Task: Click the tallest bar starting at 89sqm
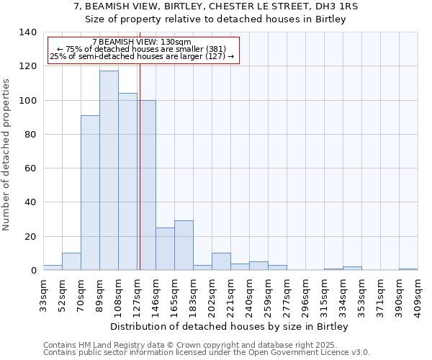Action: [x=109, y=171]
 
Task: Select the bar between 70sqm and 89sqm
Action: [x=90, y=193]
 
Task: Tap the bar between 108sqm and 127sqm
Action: [x=127, y=181]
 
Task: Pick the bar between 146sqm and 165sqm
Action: [x=165, y=249]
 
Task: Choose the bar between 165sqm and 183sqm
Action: [x=184, y=246]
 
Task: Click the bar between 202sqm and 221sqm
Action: [x=221, y=262]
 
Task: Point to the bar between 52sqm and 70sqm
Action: [x=71, y=262]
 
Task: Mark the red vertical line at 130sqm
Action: [x=140, y=166]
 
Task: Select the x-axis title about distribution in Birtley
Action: [x=230, y=326]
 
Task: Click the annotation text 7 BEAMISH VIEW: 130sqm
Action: [x=142, y=42]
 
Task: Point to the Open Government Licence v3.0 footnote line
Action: [x=207, y=352]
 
